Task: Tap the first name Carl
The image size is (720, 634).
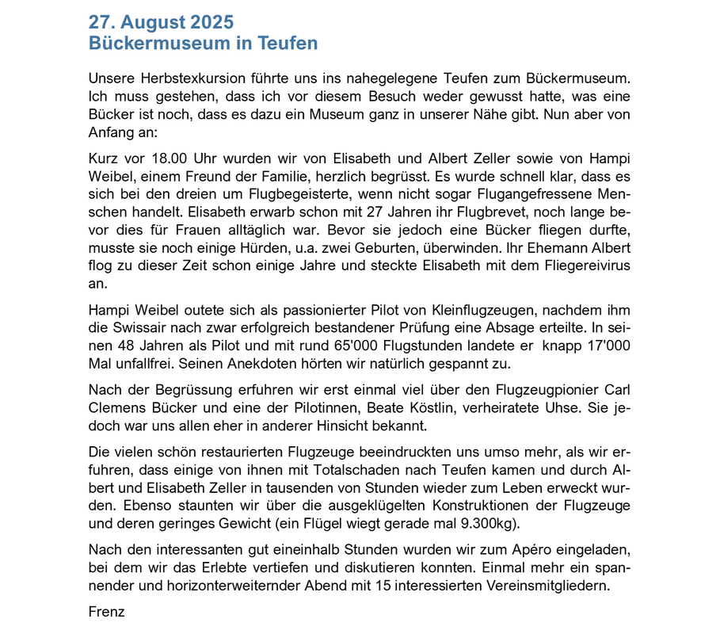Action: pos(617,391)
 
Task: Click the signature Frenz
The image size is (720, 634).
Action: pos(107,613)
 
